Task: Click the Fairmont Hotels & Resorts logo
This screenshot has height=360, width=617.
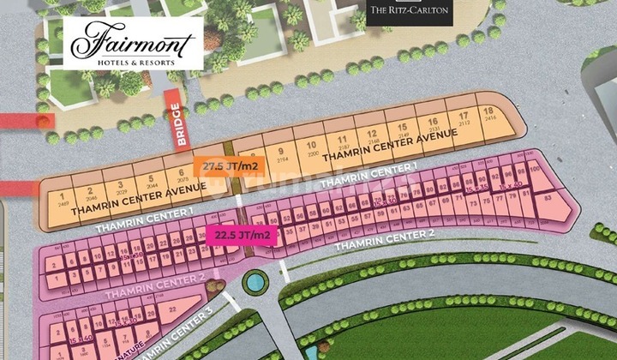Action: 133,43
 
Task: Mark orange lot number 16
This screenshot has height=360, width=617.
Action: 434,124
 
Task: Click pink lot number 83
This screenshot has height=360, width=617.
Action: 547,200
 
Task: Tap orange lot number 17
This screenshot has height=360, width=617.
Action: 463,120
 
